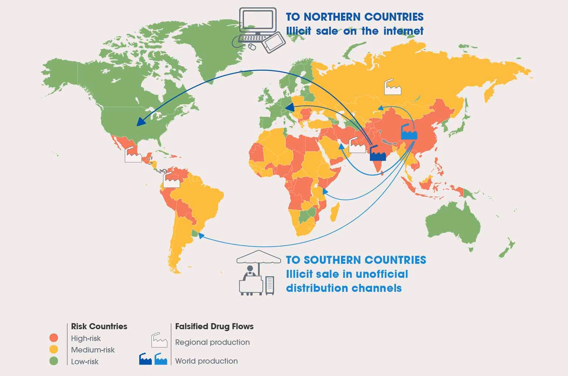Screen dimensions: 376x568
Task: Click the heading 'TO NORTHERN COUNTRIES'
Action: tap(354, 17)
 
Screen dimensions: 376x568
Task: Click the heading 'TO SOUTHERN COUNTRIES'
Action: tap(356, 260)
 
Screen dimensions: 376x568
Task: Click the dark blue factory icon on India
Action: tap(378, 153)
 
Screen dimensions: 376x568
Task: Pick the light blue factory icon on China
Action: tap(409, 132)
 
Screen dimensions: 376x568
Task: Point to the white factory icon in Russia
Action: tap(392, 87)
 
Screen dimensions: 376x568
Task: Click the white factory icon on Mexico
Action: tap(133, 154)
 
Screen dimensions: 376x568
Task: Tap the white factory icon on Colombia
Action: tap(171, 180)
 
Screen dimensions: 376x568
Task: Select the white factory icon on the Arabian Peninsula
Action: tap(357, 146)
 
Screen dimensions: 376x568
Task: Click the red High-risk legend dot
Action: tap(54, 338)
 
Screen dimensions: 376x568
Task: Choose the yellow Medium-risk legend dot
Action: tap(54, 349)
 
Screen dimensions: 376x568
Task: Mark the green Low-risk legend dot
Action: tap(54, 361)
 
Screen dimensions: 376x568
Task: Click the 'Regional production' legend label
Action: tap(212, 342)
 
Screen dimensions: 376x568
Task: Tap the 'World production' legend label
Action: tap(206, 361)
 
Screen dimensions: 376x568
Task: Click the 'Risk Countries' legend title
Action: tap(99, 326)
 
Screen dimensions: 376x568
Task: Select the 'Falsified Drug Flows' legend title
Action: tap(214, 326)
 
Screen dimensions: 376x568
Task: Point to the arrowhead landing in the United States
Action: tap(140, 122)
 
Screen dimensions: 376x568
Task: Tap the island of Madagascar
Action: tap(335, 213)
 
